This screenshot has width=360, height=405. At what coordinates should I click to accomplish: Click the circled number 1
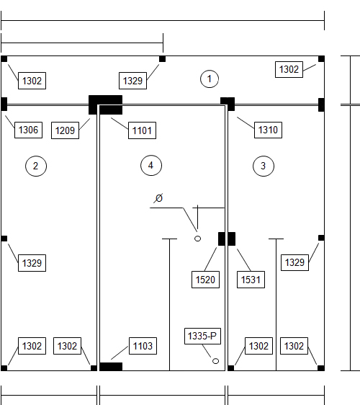click(210, 79)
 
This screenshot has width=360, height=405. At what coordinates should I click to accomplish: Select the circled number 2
click(36, 166)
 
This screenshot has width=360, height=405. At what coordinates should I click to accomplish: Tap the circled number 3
click(264, 166)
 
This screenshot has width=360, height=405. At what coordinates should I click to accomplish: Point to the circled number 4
click(151, 165)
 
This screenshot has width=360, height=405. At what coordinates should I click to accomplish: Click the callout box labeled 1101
click(142, 130)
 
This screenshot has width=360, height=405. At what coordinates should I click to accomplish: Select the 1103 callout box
click(143, 346)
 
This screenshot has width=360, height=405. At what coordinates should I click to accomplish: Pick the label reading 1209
click(65, 130)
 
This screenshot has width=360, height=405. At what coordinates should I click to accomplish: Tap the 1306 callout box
click(28, 130)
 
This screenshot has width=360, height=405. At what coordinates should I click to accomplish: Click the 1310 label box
click(268, 130)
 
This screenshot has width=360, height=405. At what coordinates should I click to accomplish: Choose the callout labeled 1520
click(205, 280)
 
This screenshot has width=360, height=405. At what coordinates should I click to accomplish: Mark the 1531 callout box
click(251, 280)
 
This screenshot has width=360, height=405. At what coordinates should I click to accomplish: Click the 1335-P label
click(202, 336)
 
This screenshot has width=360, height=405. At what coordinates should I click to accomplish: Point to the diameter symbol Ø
click(158, 198)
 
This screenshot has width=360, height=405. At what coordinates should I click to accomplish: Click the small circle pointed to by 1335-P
click(215, 361)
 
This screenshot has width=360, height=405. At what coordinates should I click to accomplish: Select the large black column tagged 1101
click(105, 105)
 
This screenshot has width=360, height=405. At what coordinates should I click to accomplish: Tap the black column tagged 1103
click(111, 367)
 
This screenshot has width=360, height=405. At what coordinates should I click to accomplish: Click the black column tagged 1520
click(222, 239)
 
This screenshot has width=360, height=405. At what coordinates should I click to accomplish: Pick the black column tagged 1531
click(232, 239)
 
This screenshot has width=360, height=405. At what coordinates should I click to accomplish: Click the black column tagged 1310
click(228, 104)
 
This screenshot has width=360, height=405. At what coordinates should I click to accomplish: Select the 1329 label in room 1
click(132, 81)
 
